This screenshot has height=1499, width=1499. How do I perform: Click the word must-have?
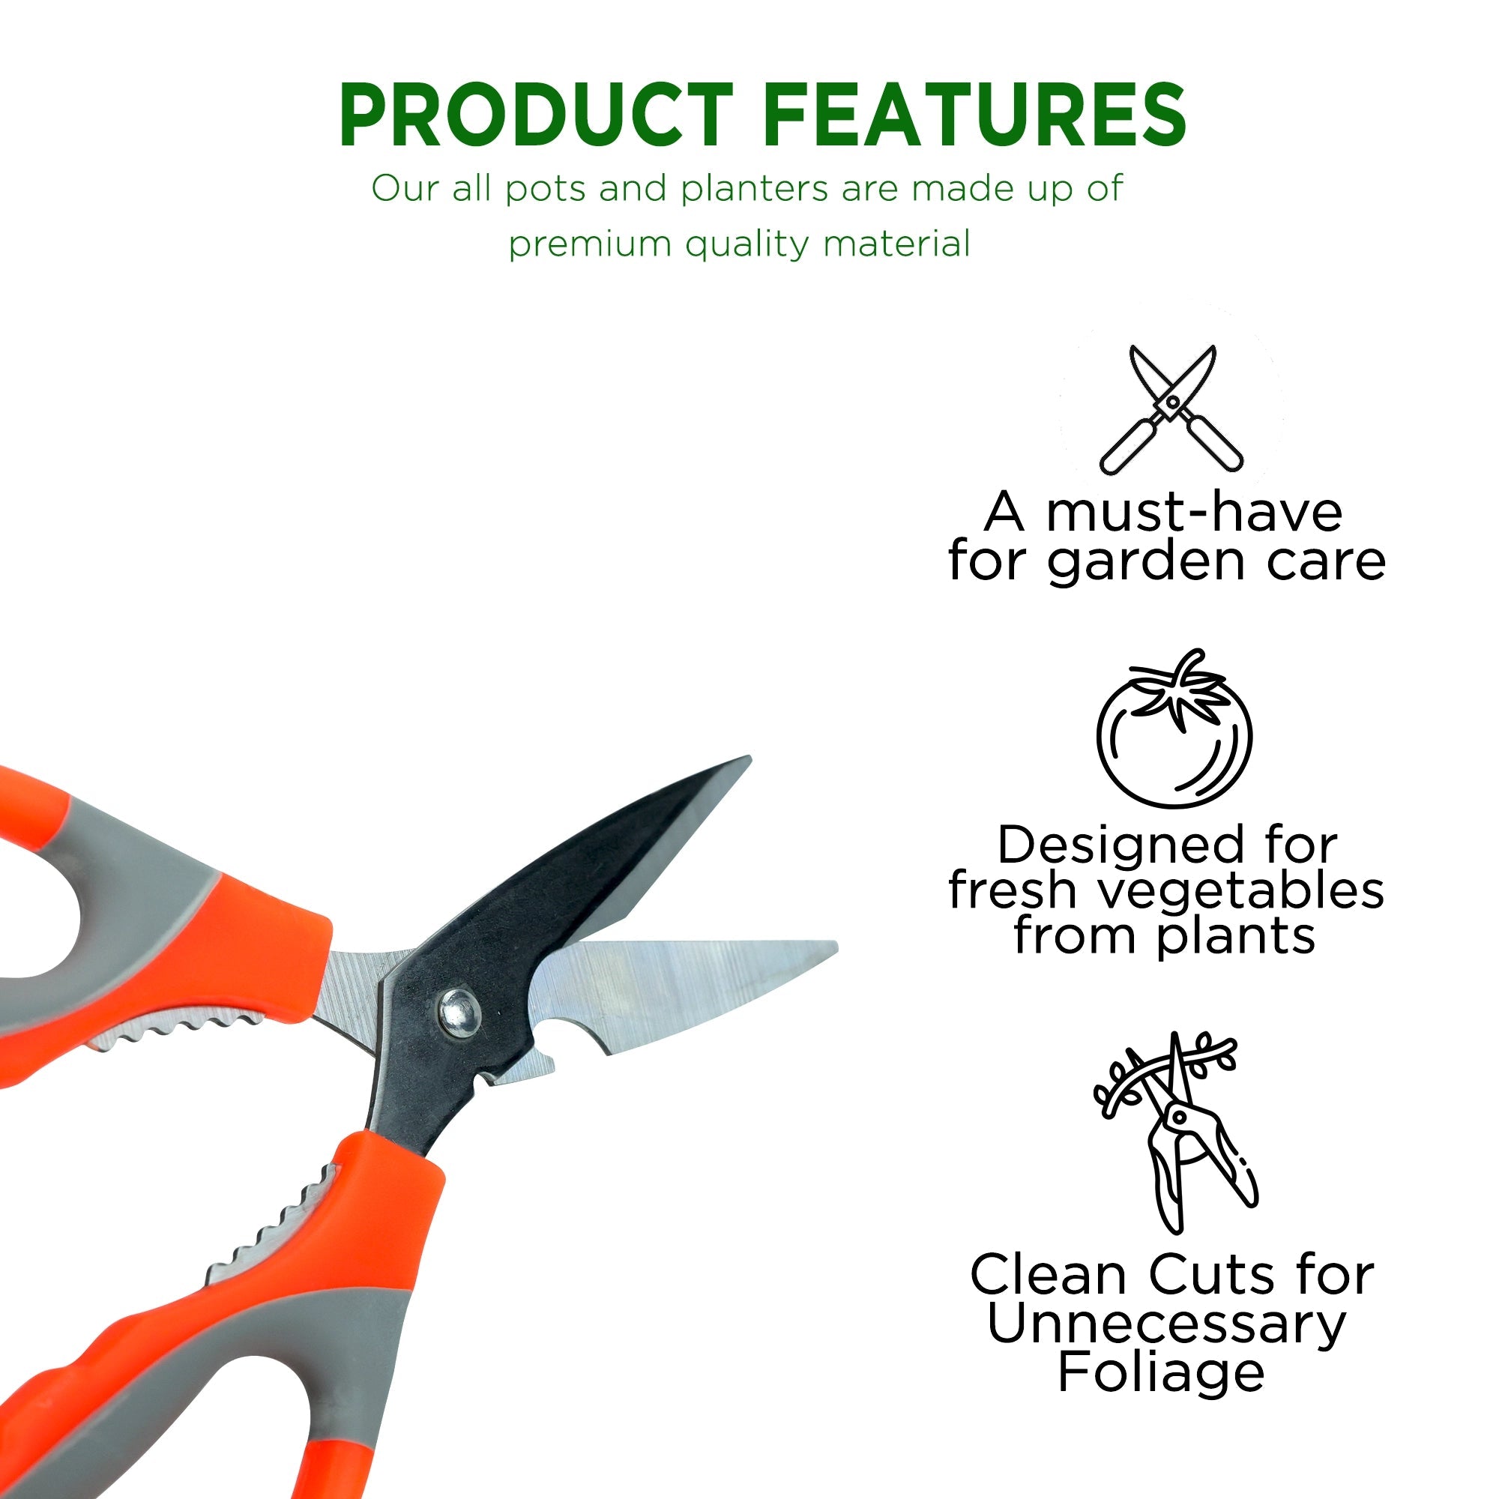1194,513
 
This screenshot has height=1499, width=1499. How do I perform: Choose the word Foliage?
1162,1372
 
